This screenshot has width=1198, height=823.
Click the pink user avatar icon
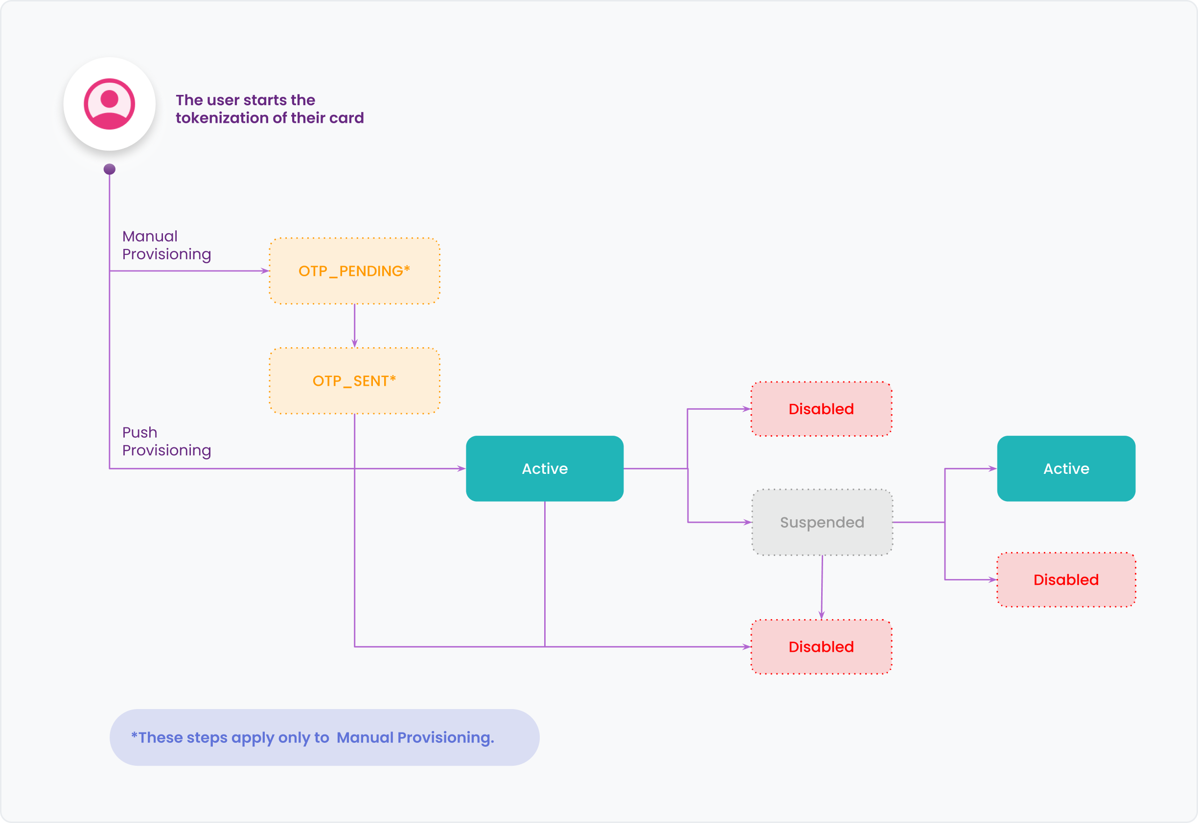click(110, 104)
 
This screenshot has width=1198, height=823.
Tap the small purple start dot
click(110, 169)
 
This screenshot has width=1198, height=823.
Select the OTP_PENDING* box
click(354, 271)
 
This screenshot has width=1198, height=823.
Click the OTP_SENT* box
click(354, 381)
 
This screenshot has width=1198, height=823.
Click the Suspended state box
click(822, 522)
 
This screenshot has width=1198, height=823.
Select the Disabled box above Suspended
click(821, 409)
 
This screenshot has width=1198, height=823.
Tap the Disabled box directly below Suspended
click(821, 646)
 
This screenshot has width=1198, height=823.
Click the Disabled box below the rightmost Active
click(1066, 579)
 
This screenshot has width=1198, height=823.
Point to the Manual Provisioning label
click(166, 245)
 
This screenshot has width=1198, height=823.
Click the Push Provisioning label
click(166, 442)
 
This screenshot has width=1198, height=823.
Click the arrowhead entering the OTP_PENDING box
click(265, 271)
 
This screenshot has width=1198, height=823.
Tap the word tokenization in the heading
click(230, 118)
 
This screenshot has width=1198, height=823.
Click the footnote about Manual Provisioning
click(313, 737)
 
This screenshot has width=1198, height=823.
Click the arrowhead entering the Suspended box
click(747, 522)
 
